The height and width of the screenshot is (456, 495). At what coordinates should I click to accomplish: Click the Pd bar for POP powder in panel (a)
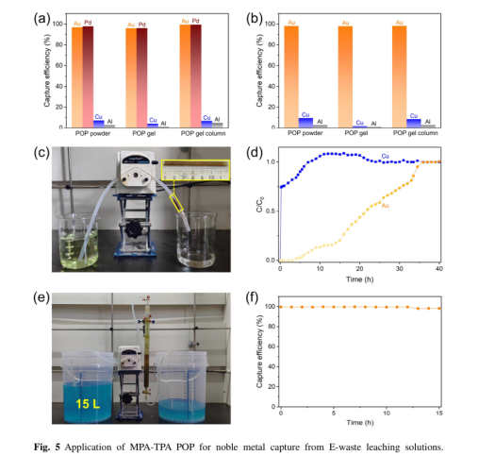[88, 76]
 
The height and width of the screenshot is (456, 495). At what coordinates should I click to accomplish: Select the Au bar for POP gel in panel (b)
[345, 76]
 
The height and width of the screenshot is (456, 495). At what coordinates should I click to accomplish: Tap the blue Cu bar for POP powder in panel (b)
[305, 123]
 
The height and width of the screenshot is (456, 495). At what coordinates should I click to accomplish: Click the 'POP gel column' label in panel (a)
[203, 134]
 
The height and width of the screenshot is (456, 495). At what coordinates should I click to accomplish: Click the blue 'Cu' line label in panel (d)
[385, 156]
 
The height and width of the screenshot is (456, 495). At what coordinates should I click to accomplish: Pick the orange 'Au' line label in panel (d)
[385, 206]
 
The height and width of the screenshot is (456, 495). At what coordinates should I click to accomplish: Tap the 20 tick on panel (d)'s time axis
[359, 269]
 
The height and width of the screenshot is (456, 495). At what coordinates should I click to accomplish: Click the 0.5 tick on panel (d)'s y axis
[271, 211]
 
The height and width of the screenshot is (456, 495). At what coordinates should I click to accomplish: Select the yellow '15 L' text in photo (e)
[88, 404]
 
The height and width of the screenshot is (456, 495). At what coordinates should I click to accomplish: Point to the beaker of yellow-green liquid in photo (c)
[79, 241]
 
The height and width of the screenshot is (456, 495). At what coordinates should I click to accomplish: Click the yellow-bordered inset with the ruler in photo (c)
[196, 170]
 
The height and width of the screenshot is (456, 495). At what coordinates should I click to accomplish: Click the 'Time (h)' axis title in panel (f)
[360, 423]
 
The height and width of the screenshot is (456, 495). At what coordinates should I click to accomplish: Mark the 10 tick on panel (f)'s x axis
[387, 413]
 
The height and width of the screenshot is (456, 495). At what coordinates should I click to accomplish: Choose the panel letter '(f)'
[253, 297]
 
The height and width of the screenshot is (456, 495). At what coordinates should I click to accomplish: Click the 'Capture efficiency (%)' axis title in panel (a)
[47, 74]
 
